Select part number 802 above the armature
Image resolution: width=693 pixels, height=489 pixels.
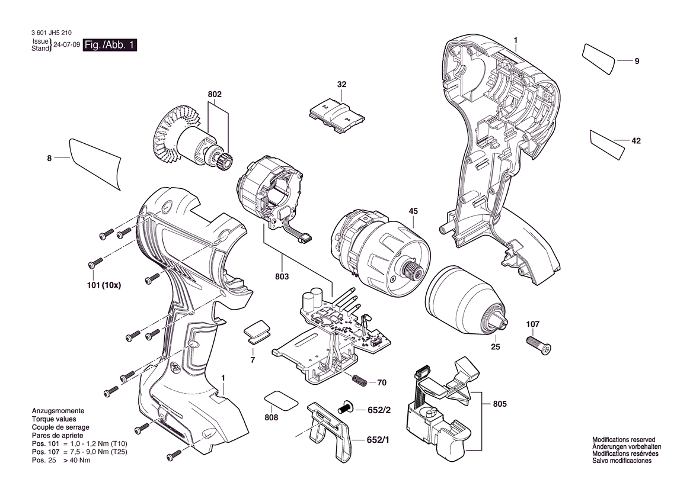click(215, 95)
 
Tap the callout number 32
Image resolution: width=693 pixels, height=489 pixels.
click(341, 84)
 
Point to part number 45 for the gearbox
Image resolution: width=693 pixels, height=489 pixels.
click(413, 211)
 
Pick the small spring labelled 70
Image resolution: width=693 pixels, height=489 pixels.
click(359, 380)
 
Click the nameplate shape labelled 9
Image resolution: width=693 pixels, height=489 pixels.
click(598, 58)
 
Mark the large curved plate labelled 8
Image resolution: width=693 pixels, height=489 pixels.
click(95, 164)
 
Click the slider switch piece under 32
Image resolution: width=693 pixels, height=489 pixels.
click(337, 115)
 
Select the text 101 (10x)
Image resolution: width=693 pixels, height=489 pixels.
click(104, 285)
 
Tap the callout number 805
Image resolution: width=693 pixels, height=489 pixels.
click(500, 404)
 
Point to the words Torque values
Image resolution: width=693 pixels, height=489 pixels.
click(54, 419)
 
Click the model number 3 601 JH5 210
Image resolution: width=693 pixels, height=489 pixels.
click(52, 33)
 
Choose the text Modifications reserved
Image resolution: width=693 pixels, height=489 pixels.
click(624, 440)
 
